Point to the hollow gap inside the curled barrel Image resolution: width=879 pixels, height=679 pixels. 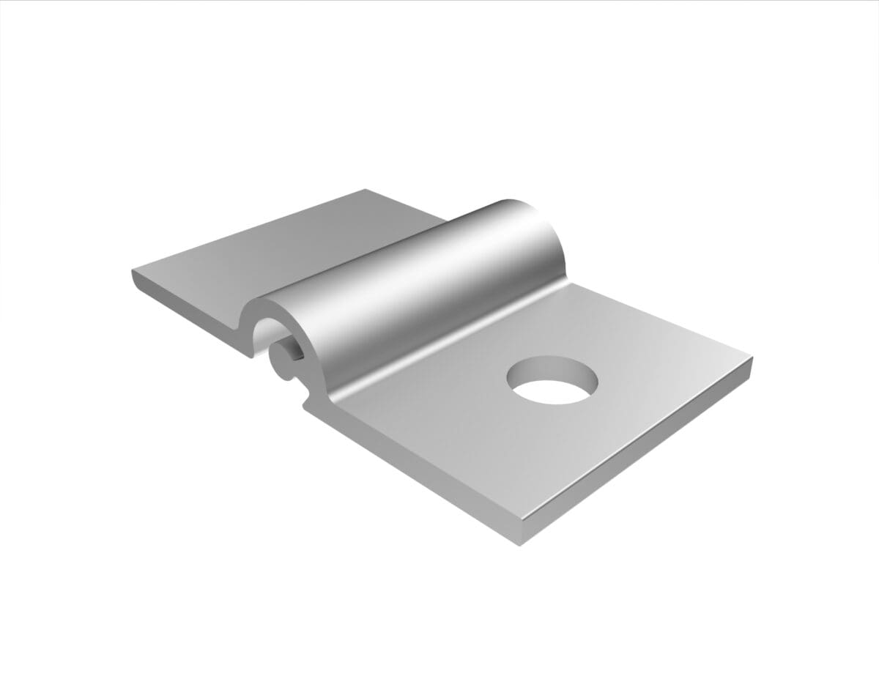[x=265, y=338]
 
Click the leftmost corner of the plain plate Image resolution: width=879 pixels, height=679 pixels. [x=133, y=272]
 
